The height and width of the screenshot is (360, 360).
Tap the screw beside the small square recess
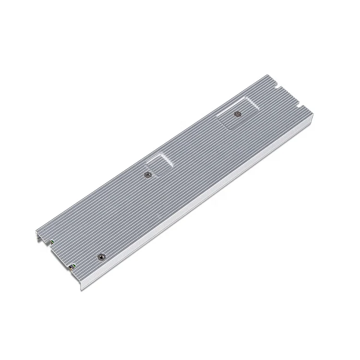tap(148, 175)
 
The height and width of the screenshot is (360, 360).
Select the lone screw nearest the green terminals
tap(101, 258)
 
